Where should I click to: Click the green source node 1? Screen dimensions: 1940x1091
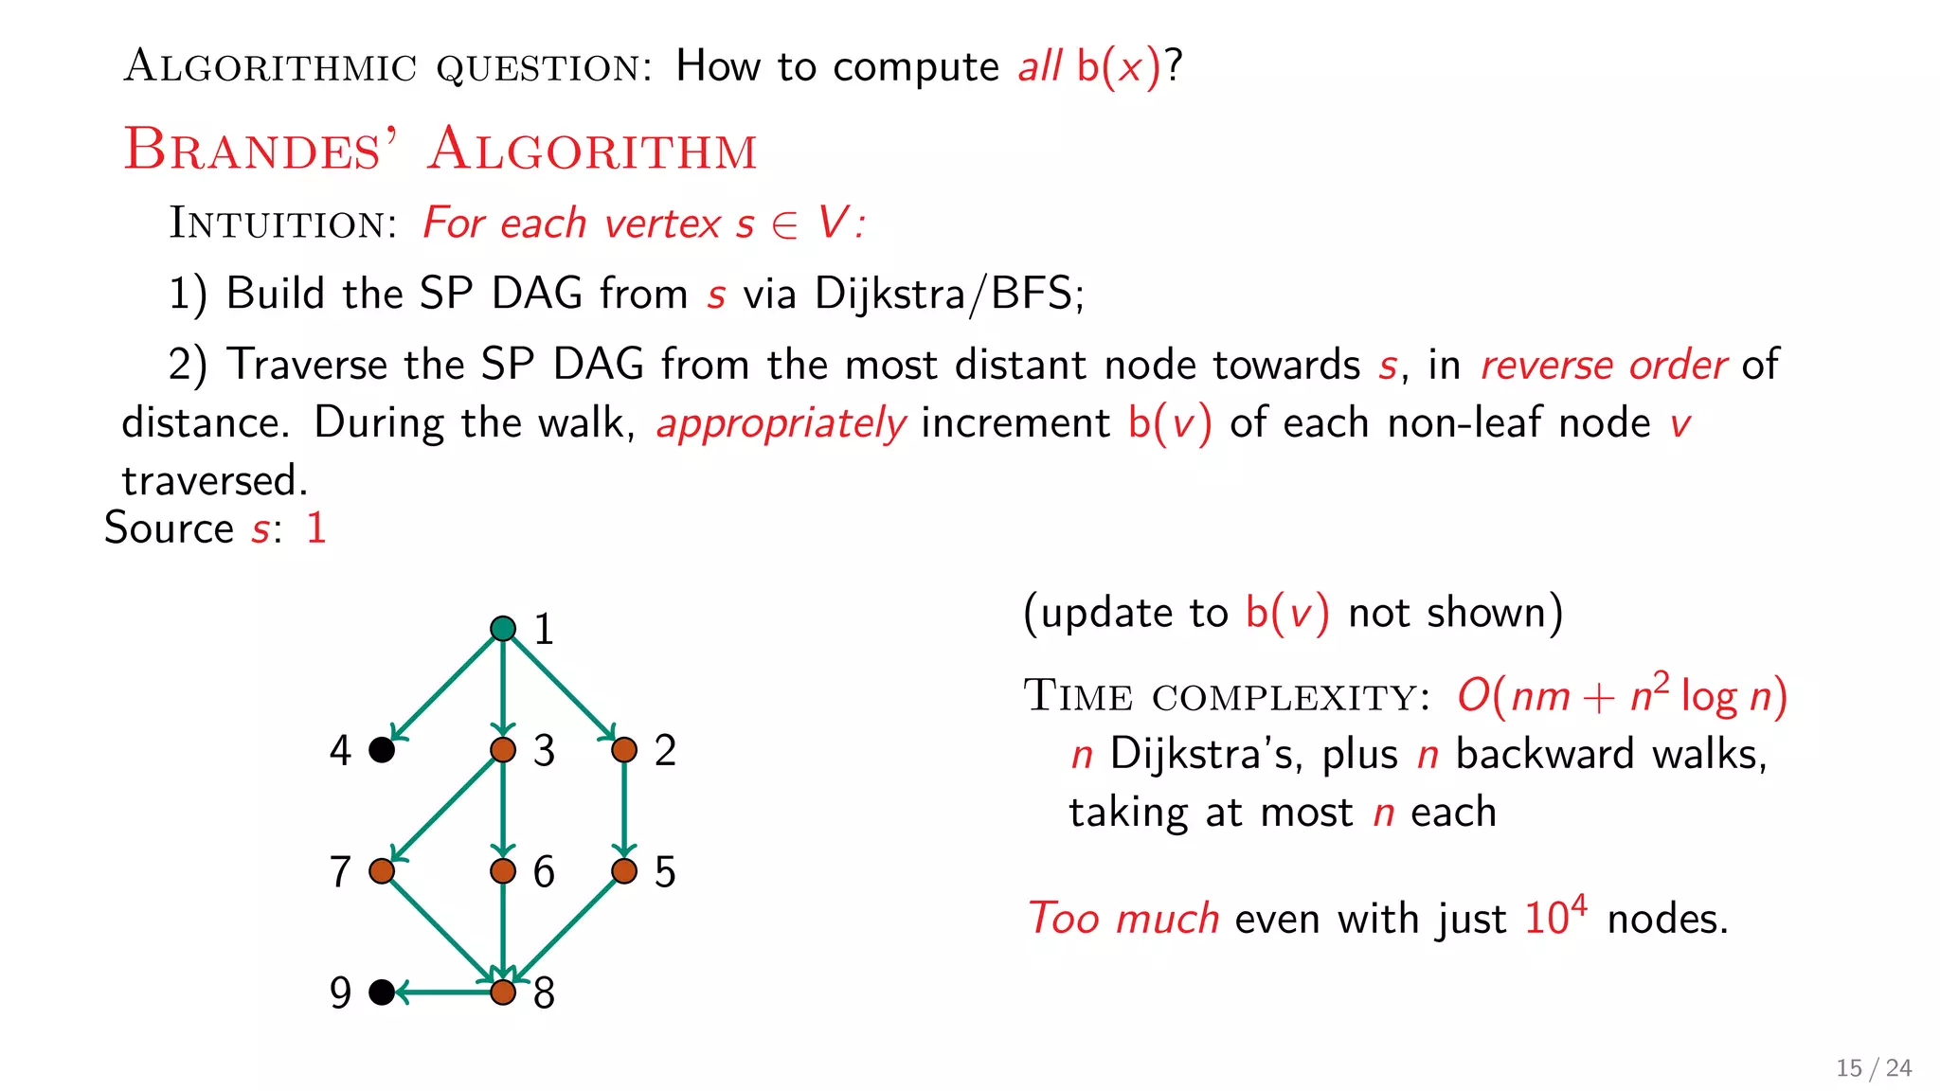pos(503,629)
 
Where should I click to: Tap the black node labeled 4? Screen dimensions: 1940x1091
pos(382,750)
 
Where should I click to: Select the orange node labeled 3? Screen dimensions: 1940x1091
pos(503,750)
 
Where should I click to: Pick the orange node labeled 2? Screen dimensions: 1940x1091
pos(624,750)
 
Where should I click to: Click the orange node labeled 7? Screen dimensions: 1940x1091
pos(382,871)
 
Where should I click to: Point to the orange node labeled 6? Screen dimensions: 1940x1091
pos(503,871)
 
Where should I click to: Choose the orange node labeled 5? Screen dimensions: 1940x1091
pos(624,871)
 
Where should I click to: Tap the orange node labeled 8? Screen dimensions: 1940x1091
pos(503,993)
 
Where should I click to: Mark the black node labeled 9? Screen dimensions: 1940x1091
pos(382,993)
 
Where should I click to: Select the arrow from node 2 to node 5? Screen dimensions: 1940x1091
pos(624,811)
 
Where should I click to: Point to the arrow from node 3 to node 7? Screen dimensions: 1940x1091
pos(442,811)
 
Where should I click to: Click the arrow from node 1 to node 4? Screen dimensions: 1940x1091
pos(442,689)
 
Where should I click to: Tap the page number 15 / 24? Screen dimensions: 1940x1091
pos(1873,1068)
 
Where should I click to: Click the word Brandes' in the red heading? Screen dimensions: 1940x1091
pos(260,150)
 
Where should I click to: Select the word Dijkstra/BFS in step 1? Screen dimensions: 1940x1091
pos(948,294)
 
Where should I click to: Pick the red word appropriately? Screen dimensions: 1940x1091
pos(781,423)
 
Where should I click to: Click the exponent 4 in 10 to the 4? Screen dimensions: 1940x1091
pos(1578,903)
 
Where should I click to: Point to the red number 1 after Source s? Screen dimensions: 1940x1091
pos(316,528)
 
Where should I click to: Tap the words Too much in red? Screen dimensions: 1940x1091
pos(1123,919)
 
